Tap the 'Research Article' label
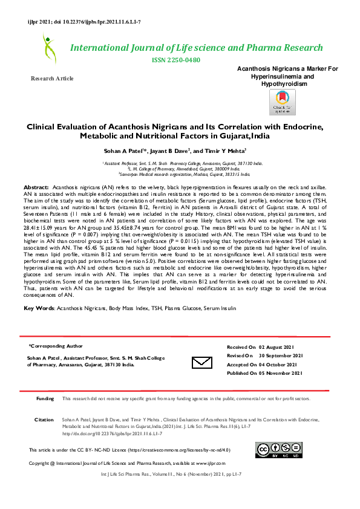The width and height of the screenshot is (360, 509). click(x=52, y=79)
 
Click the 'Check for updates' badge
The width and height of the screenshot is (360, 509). click(x=282, y=102)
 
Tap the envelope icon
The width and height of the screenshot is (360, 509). click(x=201, y=362)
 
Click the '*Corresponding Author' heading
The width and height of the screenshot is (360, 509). click(x=56, y=346)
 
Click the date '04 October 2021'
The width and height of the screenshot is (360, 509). click(x=279, y=365)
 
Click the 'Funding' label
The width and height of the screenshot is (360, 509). click(x=45, y=399)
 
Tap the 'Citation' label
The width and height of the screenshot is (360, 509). click(x=44, y=419)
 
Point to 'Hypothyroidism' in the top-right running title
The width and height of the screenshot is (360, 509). click(x=283, y=84)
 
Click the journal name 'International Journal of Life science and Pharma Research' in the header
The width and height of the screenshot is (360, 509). click(x=197, y=48)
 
